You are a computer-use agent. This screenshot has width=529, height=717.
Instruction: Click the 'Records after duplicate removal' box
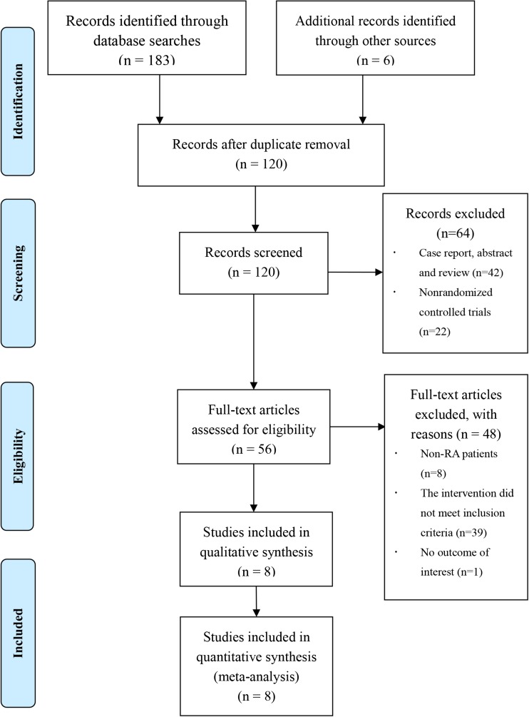point(254,153)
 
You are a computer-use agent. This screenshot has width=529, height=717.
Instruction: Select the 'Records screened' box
point(254,262)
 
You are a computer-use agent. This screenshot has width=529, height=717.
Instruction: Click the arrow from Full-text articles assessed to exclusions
point(356,427)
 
